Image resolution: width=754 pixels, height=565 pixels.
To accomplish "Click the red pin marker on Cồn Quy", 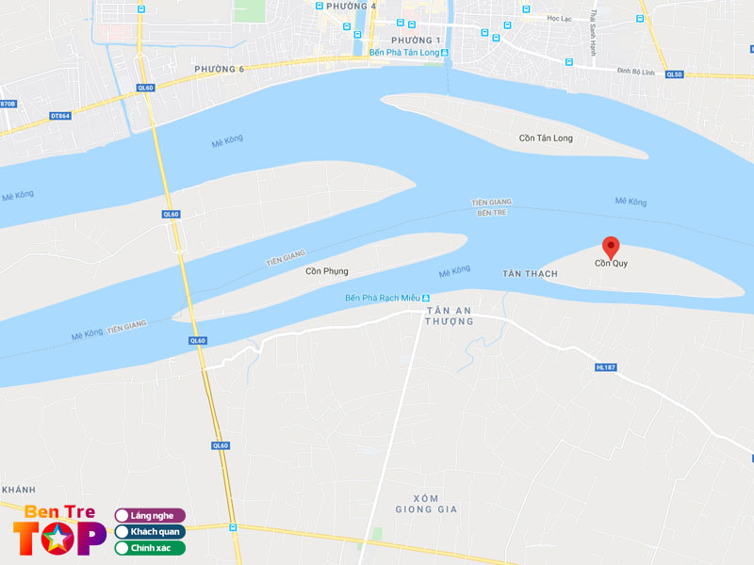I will tap(611, 247).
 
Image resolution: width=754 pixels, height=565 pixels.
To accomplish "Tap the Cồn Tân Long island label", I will tap(546, 138).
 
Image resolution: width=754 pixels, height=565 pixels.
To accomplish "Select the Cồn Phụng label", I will tap(326, 271).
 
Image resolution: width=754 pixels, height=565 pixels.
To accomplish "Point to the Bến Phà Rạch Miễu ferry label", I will tap(387, 299).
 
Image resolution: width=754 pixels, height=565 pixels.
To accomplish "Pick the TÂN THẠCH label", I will tap(530, 273).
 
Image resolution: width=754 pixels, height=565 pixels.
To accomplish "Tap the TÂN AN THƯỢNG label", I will tap(450, 315).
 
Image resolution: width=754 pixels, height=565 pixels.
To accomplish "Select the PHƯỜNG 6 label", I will tap(219, 69).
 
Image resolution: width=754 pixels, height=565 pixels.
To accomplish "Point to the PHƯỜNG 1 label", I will tap(416, 40).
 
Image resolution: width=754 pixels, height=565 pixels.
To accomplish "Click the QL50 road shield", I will tap(673, 74).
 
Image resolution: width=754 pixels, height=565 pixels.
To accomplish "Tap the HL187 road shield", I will tap(605, 367).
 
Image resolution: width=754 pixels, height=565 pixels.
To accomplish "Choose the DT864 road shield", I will tap(59, 116).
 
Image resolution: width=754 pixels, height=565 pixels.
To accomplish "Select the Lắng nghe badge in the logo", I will tap(150, 515).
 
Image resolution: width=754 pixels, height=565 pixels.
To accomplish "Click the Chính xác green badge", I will tap(150, 547).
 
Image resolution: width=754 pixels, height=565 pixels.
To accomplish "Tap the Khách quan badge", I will tap(150, 531).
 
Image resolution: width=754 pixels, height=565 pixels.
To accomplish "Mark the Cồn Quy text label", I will tap(611, 264).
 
